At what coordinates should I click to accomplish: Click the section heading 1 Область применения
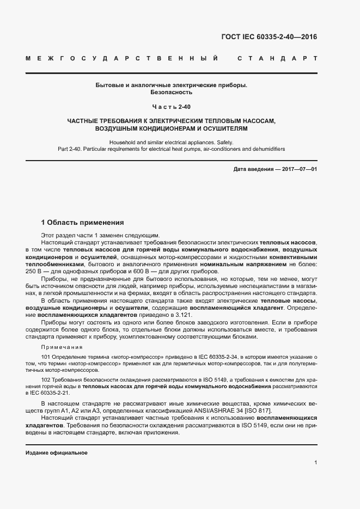[x=83, y=223]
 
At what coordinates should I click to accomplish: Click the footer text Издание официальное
[x=57, y=453]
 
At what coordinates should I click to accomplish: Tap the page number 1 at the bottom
[x=316, y=463]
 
